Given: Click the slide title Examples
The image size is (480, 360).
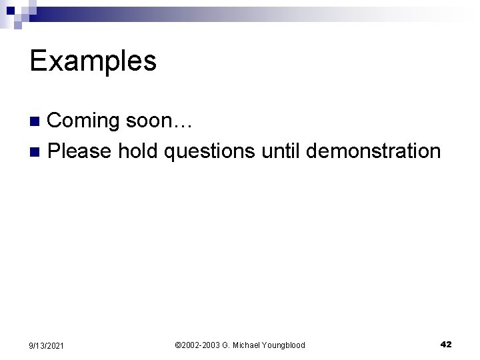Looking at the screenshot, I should click(93, 61).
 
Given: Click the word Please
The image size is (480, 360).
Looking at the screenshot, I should click(80, 151).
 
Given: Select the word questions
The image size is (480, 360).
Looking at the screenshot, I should click(209, 152).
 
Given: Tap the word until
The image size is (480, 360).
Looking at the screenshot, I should click(281, 151).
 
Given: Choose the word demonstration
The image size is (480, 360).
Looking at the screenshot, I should click(373, 151).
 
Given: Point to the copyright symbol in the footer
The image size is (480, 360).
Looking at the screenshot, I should click(177, 345).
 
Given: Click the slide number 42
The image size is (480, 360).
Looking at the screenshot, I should click(446, 344).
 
